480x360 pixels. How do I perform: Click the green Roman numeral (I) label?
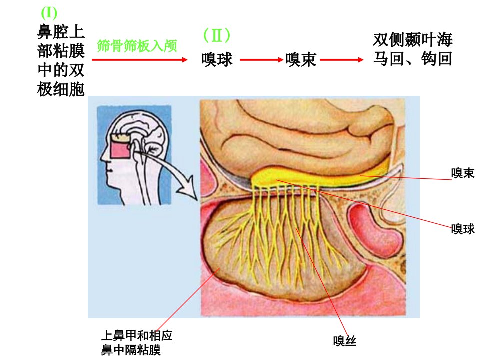tap(49, 13)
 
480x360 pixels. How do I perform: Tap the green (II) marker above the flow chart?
tap(216, 35)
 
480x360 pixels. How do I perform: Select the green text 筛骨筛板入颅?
tap(137, 46)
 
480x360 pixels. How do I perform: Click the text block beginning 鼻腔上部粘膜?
tap(61, 60)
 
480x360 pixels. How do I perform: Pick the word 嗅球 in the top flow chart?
tap(217, 59)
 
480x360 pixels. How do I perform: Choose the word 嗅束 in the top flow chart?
tap(301, 59)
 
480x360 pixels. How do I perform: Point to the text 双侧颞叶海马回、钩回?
tap(412, 49)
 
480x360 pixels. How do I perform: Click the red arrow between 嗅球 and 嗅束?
tap(261, 60)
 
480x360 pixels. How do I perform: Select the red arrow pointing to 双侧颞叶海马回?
tap(341, 60)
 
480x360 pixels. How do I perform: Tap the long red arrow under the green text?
tap(139, 60)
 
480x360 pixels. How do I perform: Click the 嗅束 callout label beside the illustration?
tap(463, 173)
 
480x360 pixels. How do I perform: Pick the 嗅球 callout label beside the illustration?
tap(463, 229)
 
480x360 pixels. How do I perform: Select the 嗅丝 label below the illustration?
tap(345, 340)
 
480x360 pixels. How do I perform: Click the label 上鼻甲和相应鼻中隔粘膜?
tap(137, 343)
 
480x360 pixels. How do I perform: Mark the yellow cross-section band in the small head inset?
tap(120, 138)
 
